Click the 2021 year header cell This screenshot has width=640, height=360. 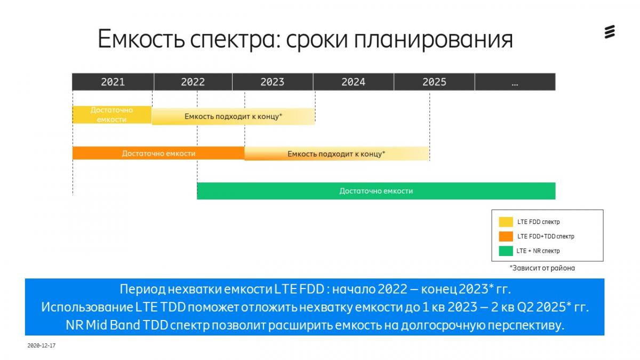point(113,82)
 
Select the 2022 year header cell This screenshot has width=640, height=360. point(193,82)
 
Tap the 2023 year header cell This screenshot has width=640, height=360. point(273,82)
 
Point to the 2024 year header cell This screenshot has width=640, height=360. point(354,82)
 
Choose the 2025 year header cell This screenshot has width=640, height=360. point(434,82)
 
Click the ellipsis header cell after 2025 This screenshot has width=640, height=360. point(515,82)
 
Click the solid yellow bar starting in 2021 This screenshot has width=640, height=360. point(112,115)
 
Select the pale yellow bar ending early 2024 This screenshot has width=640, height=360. point(233,116)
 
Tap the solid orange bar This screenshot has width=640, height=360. point(158,153)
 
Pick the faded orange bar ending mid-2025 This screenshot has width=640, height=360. point(337,154)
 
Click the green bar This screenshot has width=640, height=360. point(376,191)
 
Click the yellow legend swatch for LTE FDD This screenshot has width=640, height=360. point(506,222)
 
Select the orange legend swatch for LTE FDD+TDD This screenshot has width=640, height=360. point(506,236)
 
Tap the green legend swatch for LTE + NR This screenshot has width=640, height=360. point(506,251)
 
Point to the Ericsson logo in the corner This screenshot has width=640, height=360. point(610,31)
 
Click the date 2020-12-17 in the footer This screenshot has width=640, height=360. point(42,346)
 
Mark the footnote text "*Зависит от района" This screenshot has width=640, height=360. point(542,268)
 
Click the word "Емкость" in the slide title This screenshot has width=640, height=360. point(141,39)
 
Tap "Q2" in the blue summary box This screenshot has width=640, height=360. point(525,307)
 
